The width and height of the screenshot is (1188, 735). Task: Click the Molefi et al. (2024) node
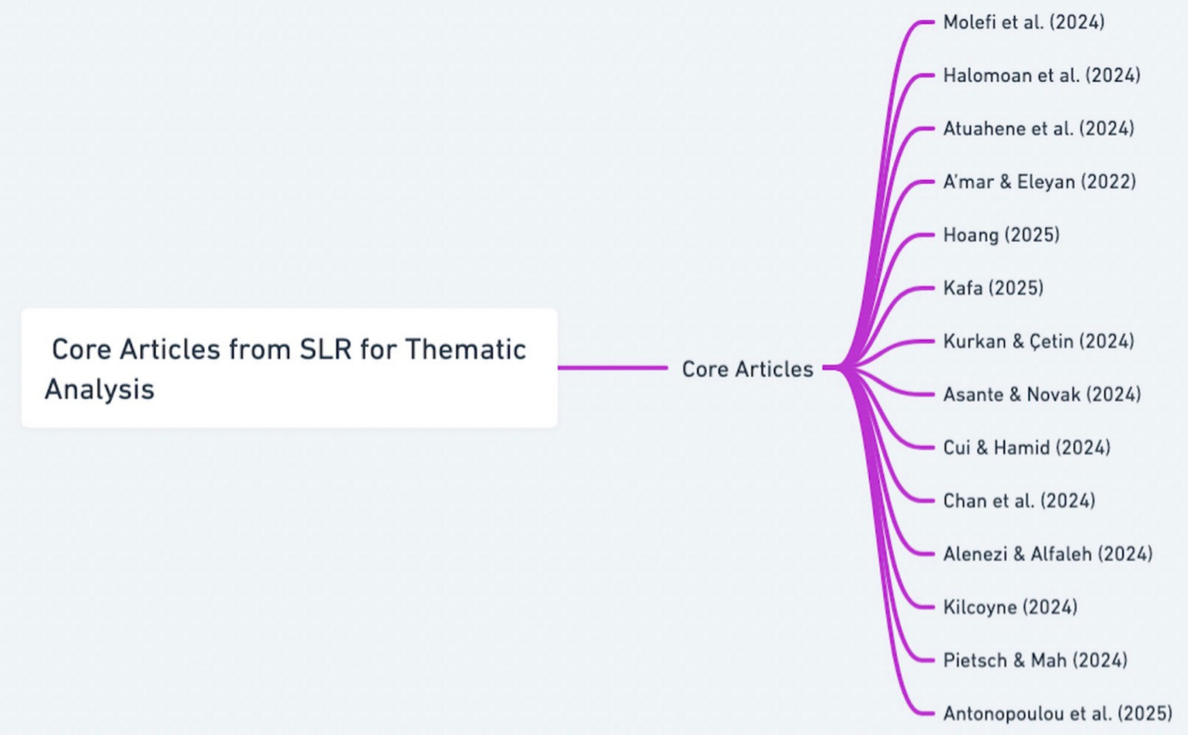click(1023, 22)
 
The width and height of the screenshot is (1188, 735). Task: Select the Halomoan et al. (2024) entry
click(1041, 75)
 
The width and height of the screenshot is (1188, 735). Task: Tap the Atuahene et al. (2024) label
click(1038, 128)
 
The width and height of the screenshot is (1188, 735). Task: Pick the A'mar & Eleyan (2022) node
click(1039, 182)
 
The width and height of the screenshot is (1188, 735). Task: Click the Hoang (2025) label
click(1001, 235)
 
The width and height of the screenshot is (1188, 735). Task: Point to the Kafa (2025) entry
click(993, 288)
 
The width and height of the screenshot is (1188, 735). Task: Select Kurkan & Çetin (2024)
click(1038, 341)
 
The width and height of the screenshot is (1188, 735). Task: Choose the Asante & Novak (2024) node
click(1041, 394)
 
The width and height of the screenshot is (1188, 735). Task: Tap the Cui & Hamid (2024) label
click(1026, 447)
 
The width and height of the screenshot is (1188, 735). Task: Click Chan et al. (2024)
click(1018, 501)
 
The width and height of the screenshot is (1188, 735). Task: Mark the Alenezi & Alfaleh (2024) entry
click(1047, 554)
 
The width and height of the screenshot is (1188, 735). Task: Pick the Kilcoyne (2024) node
click(1010, 607)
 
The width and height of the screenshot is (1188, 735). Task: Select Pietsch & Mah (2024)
click(1034, 661)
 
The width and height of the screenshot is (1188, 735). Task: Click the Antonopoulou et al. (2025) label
click(1057, 714)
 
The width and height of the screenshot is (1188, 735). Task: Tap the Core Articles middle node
click(747, 369)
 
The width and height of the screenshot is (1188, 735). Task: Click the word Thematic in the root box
click(465, 349)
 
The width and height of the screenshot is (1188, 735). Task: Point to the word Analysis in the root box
click(99, 389)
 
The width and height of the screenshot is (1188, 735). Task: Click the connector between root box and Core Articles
click(612, 367)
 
